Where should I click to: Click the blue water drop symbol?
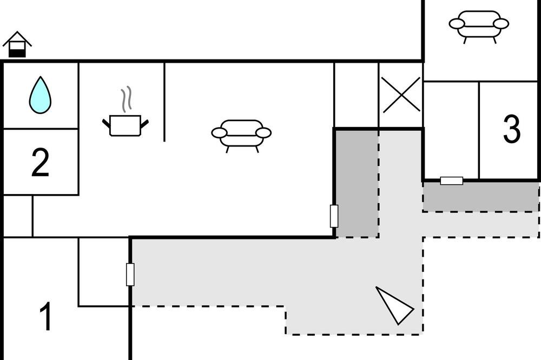tap(41, 96)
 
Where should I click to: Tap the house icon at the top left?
tap(17, 44)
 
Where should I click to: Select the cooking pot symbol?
tap(126, 125)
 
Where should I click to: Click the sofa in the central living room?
tap(241, 136)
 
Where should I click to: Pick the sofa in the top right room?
tap(479, 26)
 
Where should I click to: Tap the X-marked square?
tap(401, 95)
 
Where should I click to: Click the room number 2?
tap(40, 162)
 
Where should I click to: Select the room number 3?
tap(512, 129)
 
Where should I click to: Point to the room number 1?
tap(45, 316)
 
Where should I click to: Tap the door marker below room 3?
tap(452, 181)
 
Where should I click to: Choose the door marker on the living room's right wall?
tap(334, 216)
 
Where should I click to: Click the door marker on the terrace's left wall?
tap(130, 275)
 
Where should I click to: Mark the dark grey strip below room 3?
tap(481, 197)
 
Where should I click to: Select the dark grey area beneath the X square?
tap(358, 184)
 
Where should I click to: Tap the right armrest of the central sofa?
tap(264, 133)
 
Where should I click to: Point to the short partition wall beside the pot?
tap(164, 102)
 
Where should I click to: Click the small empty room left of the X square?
tap(357, 95)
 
